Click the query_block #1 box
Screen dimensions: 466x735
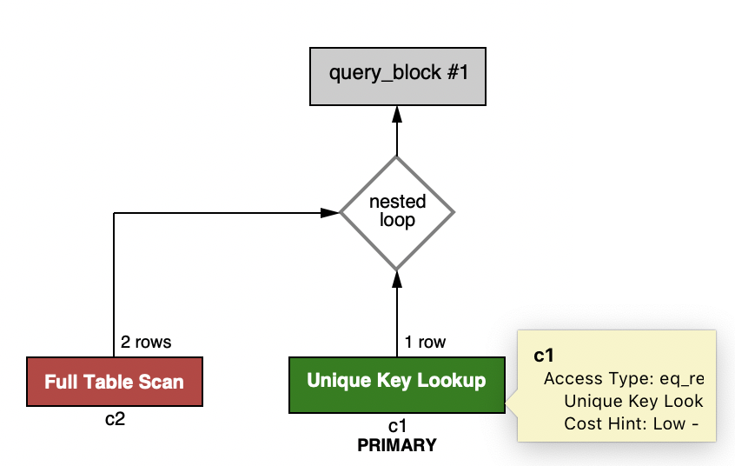(397, 73)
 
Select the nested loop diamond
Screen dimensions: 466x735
(397, 212)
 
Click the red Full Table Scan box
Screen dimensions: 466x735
(115, 382)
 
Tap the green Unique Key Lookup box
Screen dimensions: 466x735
(396, 382)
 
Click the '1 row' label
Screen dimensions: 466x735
(425, 343)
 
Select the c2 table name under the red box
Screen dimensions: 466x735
(115, 419)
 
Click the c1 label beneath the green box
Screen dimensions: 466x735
(397, 425)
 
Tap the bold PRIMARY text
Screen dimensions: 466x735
(397, 445)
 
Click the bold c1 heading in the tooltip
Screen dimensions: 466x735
(544, 355)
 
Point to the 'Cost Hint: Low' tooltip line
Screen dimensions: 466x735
(632, 423)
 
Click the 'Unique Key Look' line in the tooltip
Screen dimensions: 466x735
(632, 401)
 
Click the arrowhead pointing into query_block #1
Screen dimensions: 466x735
(397, 114)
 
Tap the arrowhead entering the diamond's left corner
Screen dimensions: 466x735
(331, 212)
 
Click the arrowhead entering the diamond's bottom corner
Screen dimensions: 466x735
(397, 277)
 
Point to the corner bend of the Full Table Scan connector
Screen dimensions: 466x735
(115, 212)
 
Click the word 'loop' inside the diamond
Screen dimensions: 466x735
(397, 221)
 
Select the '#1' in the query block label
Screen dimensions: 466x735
(456, 72)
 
